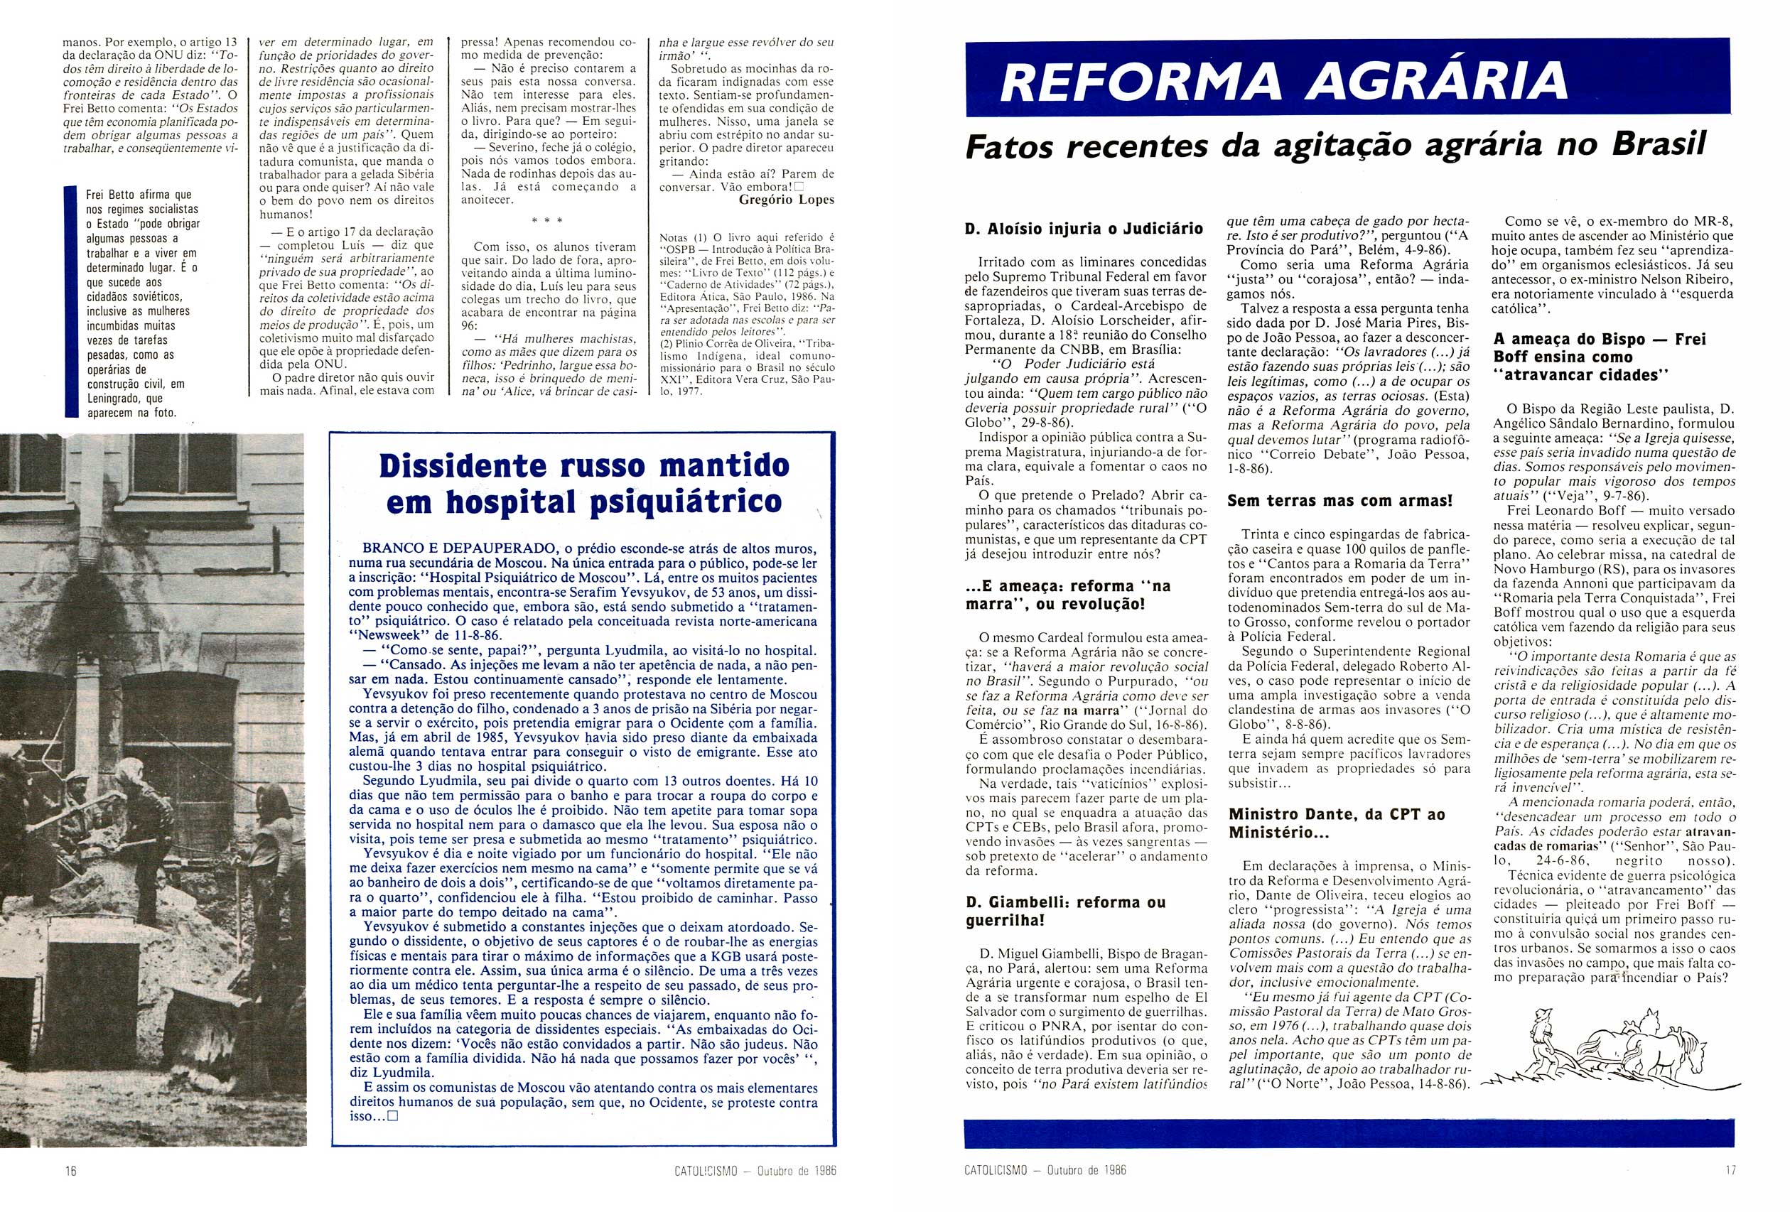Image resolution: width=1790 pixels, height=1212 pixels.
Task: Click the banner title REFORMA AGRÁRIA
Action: (1284, 80)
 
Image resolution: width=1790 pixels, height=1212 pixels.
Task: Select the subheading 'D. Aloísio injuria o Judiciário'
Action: (1084, 228)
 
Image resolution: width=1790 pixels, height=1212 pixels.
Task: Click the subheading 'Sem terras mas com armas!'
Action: (1340, 501)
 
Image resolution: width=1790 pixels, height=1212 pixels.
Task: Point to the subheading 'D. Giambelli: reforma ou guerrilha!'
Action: (1066, 911)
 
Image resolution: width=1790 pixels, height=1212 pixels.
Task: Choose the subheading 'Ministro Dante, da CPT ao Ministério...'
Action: (1337, 823)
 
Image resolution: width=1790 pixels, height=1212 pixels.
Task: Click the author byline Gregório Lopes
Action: (786, 200)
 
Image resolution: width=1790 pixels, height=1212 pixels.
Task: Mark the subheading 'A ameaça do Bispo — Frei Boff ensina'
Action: (1600, 357)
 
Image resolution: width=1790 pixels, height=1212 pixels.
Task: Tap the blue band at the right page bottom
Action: (1348, 1133)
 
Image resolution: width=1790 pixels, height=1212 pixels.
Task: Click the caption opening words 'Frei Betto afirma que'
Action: (139, 195)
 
